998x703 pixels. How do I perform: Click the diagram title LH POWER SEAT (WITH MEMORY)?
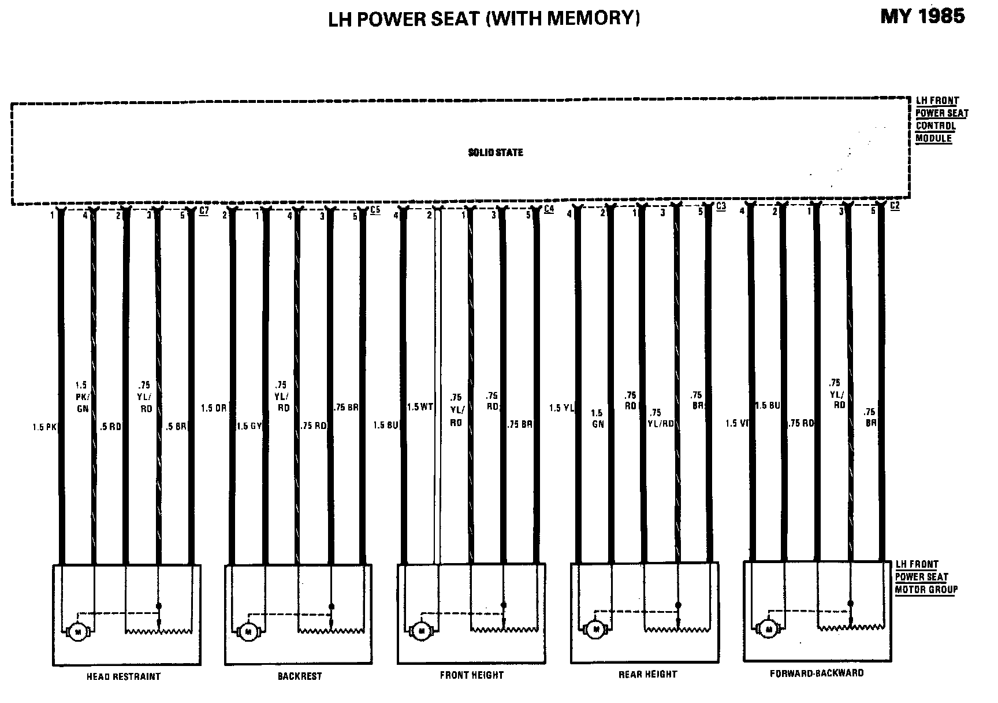pyautogui.click(x=484, y=19)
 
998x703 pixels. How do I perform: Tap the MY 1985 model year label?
pyautogui.click(x=922, y=16)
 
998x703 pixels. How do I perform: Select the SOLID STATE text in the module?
pyautogui.click(x=495, y=153)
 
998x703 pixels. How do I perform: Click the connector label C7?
pyautogui.click(x=204, y=211)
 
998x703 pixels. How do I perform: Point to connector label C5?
pyautogui.click(x=375, y=210)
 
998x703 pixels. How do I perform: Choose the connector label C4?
pyautogui.click(x=549, y=209)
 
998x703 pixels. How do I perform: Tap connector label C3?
pyautogui.click(x=721, y=206)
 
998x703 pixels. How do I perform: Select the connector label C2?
pyautogui.click(x=895, y=206)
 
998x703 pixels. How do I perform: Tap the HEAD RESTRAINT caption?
pyautogui.click(x=123, y=676)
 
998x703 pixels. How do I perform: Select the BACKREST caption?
pyautogui.click(x=299, y=676)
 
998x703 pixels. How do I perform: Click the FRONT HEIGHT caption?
pyautogui.click(x=471, y=675)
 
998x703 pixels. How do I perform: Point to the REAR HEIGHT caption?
pyautogui.click(x=647, y=674)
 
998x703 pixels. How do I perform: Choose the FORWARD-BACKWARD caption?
pyautogui.click(x=817, y=673)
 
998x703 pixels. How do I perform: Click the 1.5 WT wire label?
pyautogui.click(x=420, y=407)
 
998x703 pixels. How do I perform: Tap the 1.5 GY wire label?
pyautogui.click(x=250, y=426)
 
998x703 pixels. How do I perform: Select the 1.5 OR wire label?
pyautogui.click(x=214, y=408)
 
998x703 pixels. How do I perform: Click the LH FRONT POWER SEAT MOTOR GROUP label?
pyautogui.click(x=926, y=577)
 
